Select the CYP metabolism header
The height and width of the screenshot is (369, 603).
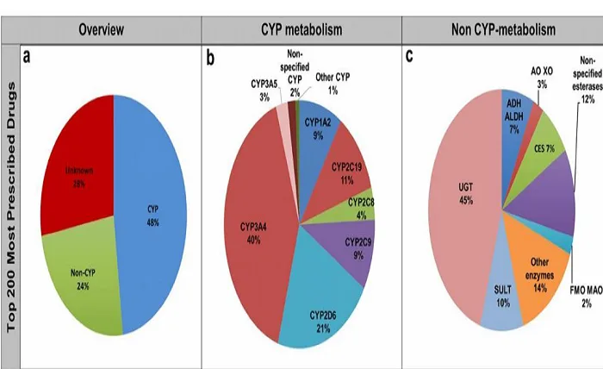coord(301,30)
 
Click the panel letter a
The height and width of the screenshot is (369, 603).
coord(28,57)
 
